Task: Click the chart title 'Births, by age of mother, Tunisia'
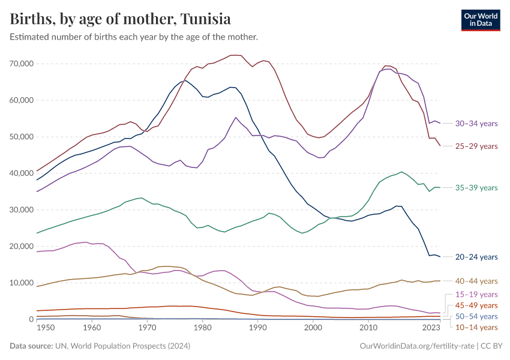[x=120, y=19]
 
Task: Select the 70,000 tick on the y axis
[x=22, y=64]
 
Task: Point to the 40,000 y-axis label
[x=22, y=173]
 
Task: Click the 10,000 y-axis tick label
[x=22, y=283]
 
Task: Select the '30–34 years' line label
[x=476, y=124]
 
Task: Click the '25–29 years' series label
[x=476, y=146]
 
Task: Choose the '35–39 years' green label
[x=476, y=188]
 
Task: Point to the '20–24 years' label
[x=476, y=257]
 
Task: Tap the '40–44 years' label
[x=476, y=281]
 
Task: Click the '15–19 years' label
[x=476, y=295]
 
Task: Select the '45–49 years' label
[x=476, y=305]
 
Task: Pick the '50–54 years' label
[x=476, y=316]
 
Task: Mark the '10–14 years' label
[x=476, y=327]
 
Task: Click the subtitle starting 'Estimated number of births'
[x=134, y=37]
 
